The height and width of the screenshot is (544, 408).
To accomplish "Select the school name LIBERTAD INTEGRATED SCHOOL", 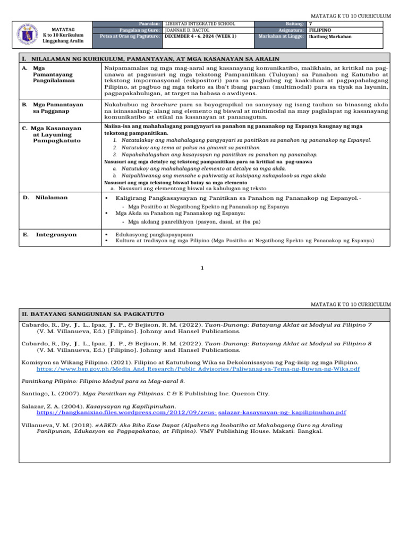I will click(x=200, y=24).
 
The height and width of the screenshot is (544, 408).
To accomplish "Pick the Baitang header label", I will click(x=294, y=24).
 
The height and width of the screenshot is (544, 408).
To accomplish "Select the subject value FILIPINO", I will click(x=321, y=30).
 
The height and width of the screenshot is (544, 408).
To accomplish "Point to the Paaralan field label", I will click(x=149, y=24).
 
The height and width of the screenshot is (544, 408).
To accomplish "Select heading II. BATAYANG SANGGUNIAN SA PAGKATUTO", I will click(x=93, y=314).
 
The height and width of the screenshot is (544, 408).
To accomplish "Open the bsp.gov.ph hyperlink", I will click(x=198, y=368).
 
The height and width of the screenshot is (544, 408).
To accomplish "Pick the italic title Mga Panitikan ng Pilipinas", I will click(x=116, y=394).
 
